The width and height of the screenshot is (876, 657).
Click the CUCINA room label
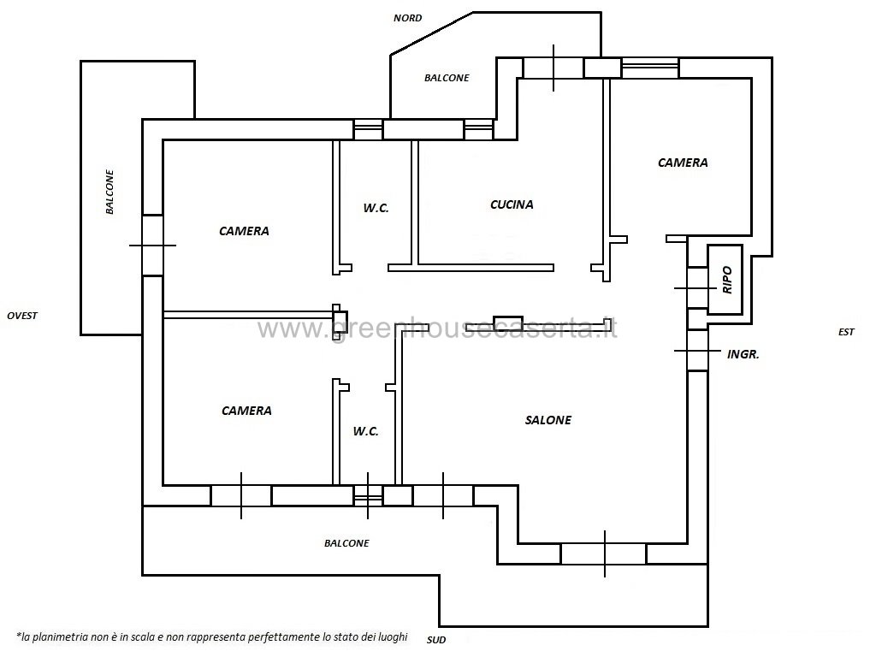tap(512, 204)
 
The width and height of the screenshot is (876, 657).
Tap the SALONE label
tap(548, 420)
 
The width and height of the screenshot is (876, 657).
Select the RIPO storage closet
tap(725, 280)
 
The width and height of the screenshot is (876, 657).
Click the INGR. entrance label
tap(743, 354)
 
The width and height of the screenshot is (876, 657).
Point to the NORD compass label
tap(408, 18)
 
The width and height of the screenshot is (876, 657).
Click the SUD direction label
tap(436, 640)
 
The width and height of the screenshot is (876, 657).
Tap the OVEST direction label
tap(22, 316)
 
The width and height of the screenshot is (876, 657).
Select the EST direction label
tap(846, 332)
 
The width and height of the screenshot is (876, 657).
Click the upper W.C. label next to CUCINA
tap(376, 209)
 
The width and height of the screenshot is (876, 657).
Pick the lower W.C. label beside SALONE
tap(366, 431)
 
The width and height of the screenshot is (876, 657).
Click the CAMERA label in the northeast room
tap(683, 163)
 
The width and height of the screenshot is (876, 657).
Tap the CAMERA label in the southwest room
tap(246, 411)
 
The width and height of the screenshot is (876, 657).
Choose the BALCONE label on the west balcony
tap(110, 192)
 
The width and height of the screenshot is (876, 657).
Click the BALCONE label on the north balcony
tap(447, 78)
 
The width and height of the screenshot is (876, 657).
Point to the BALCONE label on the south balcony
tap(346, 543)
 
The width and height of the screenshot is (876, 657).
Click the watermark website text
tap(437, 328)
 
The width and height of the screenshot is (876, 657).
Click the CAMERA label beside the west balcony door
tap(244, 231)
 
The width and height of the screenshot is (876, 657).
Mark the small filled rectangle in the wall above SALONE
tap(508, 323)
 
